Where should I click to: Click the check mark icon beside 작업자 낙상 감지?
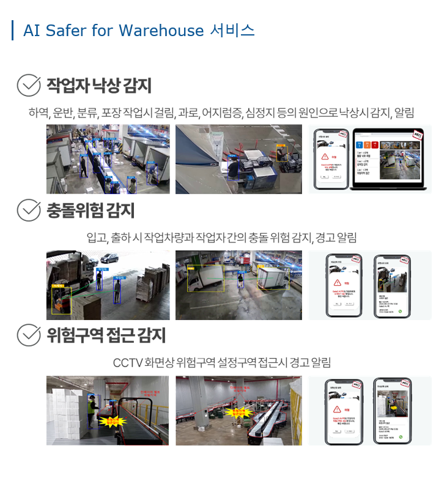28,86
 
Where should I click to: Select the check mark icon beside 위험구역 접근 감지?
28,335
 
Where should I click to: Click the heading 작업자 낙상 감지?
98,86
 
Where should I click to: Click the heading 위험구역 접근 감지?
106,335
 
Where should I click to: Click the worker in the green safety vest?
92,412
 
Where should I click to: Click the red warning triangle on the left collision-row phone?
336,284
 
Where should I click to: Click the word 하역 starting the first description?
38,113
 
